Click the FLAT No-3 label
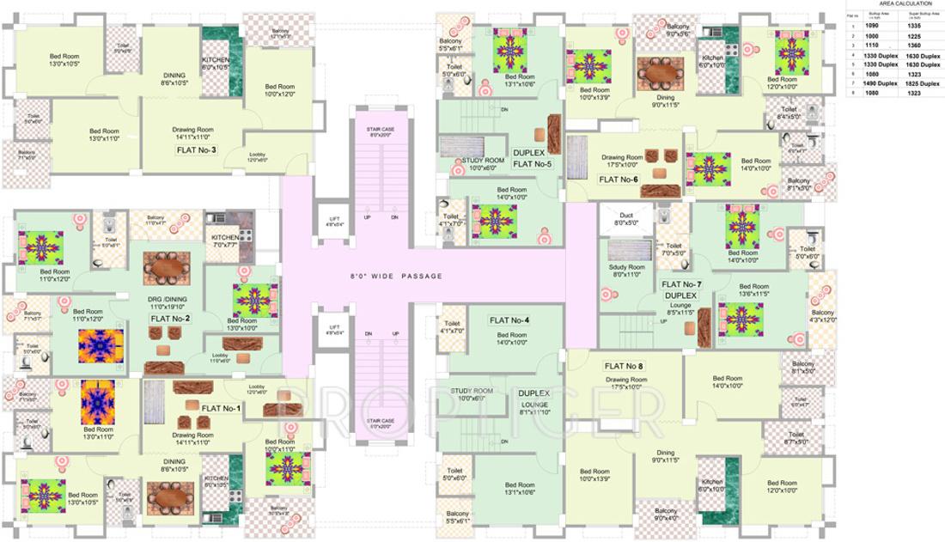click(x=196, y=150)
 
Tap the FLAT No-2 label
click(x=170, y=319)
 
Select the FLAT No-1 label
click(x=221, y=408)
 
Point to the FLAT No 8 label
click(x=624, y=366)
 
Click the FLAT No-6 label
click(x=619, y=180)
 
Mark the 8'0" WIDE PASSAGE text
click(x=396, y=276)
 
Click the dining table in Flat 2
click(x=166, y=269)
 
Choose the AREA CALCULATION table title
click(x=893, y=4)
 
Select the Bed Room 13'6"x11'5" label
click(x=753, y=290)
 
